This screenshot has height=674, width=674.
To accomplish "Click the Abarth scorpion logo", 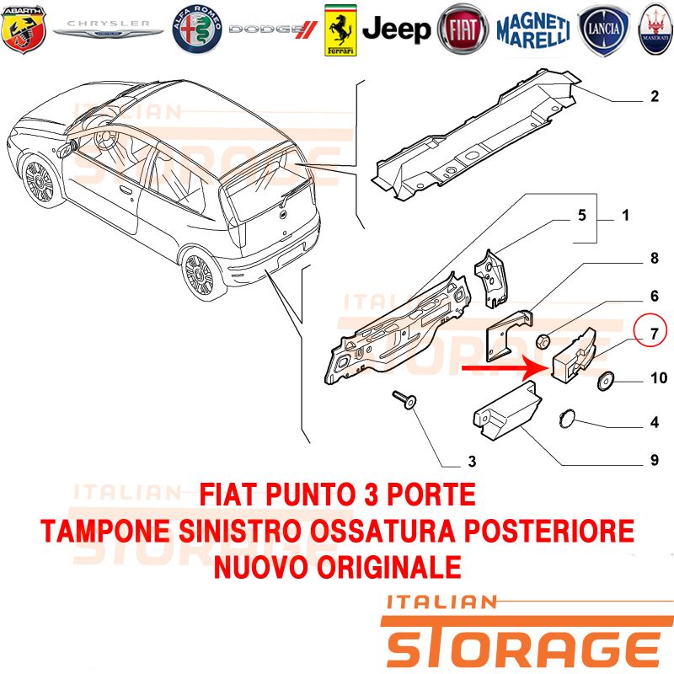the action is click(x=24, y=29).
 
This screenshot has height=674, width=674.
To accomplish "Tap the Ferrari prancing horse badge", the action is click(x=340, y=30).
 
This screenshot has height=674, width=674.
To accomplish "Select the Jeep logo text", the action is click(x=396, y=29).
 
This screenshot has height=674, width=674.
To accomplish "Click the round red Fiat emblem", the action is click(x=463, y=29).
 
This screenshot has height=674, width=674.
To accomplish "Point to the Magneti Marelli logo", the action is click(x=533, y=30).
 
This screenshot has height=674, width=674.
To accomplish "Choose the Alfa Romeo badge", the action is click(x=197, y=29).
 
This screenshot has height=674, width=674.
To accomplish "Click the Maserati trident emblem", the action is click(x=656, y=29).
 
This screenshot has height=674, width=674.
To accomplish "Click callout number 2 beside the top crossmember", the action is click(x=655, y=96).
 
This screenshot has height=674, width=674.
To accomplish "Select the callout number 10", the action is click(x=659, y=377).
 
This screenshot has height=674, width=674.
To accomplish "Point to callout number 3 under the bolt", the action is click(x=472, y=461).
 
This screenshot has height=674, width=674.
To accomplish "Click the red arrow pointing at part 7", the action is click(x=505, y=368).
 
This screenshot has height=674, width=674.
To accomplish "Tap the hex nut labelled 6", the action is click(x=542, y=342).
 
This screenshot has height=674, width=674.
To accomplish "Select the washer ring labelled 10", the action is click(x=606, y=381).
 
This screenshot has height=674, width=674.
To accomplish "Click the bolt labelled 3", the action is click(x=404, y=399).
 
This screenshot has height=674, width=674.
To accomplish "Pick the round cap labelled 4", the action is click(x=567, y=419).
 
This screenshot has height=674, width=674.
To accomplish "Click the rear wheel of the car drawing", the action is click(x=199, y=275).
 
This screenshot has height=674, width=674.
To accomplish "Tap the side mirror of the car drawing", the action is click(x=67, y=149).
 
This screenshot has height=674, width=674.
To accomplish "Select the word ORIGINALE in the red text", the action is click(x=389, y=567).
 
